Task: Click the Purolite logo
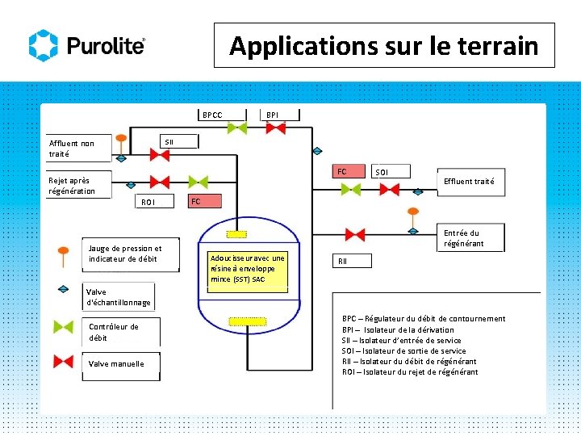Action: [87, 46]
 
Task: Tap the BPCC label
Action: [212, 115]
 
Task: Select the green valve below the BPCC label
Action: [236, 128]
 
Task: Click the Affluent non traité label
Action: [72, 149]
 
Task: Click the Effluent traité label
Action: [469, 182]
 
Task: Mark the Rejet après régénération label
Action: [71, 186]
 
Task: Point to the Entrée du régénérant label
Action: [464, 238]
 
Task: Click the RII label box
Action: [343, 260]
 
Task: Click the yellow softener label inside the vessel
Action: [248, 268]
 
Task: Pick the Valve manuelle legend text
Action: [116, 364]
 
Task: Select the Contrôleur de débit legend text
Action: [114, 332]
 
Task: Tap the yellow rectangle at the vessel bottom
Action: [247, 321]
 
